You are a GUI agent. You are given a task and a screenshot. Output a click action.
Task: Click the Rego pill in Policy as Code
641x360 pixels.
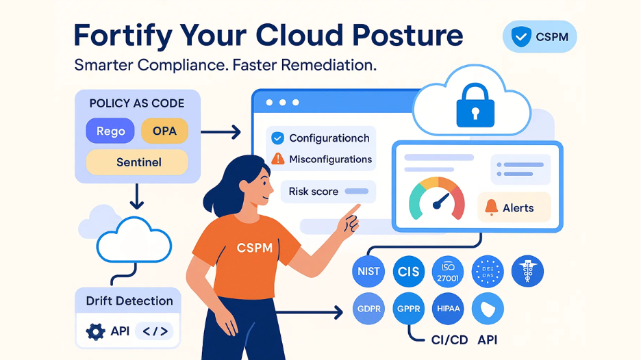[x=110, y=131]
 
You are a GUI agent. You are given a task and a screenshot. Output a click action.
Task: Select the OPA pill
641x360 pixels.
[x=164, y=131]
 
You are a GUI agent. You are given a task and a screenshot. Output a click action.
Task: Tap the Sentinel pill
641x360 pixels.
[x=137, y=162]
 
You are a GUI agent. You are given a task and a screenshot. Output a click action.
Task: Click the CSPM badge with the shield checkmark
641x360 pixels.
[x=540, y=37]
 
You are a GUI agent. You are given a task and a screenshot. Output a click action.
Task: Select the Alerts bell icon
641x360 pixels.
[x=491, y=207]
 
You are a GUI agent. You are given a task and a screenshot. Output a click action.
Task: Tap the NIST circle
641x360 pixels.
[x=368, y=272]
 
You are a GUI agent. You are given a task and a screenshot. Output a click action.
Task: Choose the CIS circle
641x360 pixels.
[x=408, y=272]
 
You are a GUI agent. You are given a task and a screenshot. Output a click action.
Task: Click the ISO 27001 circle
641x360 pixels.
[x=449, y=272]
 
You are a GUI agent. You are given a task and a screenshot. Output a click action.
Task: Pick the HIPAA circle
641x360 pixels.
[x=449, y=309]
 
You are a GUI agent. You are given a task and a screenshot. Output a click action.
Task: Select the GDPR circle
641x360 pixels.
[x=368, y=309]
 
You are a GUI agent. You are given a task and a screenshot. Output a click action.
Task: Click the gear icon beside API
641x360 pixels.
[x=95, y=332]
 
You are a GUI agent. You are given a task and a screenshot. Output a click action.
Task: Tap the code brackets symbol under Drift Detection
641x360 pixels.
[x=155, y=332]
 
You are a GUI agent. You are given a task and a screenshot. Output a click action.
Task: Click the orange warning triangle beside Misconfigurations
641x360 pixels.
[x=277, y=159]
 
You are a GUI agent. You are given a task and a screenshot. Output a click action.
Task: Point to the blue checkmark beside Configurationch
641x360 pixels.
[x=277, y=138]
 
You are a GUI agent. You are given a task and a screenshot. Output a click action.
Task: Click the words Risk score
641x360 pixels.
[x=314, y=192]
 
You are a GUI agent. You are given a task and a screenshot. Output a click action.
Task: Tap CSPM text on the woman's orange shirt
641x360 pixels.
[x=254, y=248]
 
